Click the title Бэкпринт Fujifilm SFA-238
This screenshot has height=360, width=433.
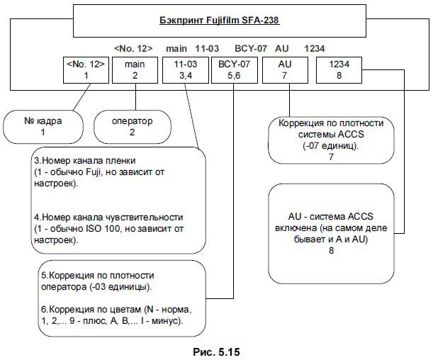218,21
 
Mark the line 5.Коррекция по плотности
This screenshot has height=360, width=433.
96,275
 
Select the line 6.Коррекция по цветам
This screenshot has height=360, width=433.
117,310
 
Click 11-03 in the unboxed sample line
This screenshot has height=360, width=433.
206,48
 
